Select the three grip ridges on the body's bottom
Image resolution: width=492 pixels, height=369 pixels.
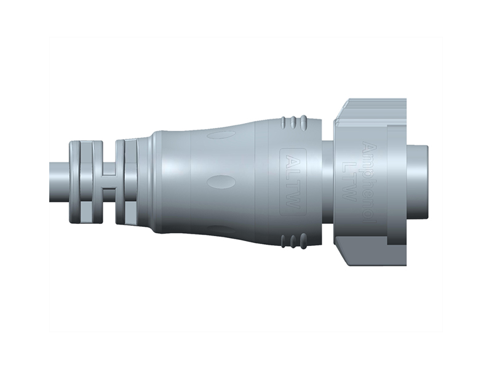pyautogui.click(x=292, y=241)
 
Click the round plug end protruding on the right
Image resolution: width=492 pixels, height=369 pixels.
pyautogui.click(x=418, y=181)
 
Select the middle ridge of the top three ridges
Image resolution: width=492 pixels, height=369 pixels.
pyautogui.click(x=292, y=122)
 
